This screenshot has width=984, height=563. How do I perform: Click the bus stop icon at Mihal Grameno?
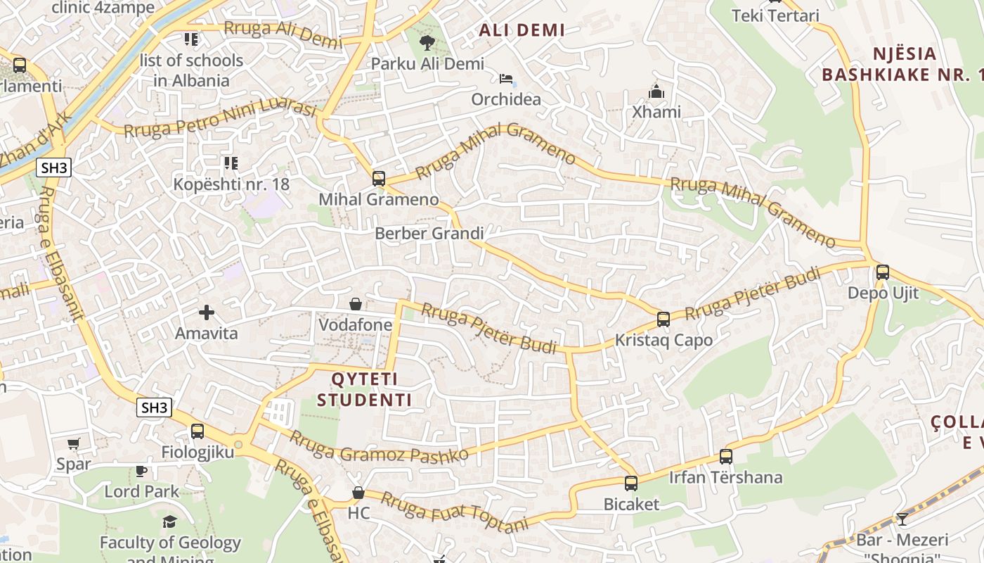pyautogui.click(x=379, y=179)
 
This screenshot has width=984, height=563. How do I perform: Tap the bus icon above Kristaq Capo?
pyautogui.click(x=663, y=320)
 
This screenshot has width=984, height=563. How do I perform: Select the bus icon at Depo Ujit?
pyautogui.click(x=883, y=272)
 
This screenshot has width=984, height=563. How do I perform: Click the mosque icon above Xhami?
pyautogui.click(x=656, y=91)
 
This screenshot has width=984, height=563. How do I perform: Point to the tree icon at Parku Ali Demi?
pyautogui.click(x=427, y=44)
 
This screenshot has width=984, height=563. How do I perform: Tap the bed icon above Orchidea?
pyautogui.click(x=506, y=79)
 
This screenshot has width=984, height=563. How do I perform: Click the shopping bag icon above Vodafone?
pyautogui.click(x=356, y=304)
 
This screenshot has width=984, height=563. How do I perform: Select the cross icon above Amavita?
pyautogui.click(x=207, y=312)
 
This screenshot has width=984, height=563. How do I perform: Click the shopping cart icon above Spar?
pyautogui.click(x=73, y=443)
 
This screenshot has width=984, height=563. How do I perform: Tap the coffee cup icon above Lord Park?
pyautogui.click(x=141, y=470)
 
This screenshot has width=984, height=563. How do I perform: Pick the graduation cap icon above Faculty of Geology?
pyautogui.click(x=169, y=521)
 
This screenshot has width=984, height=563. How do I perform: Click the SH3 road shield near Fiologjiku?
pyautogui.click(x=155, y=407)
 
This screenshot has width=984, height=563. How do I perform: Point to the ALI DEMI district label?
pyautogui.click(x=522, y=30)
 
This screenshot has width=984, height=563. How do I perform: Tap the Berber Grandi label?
pyautogui.click(x=429, y=233)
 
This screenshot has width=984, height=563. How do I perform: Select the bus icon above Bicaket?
pyautogui.click(x=631, y=483)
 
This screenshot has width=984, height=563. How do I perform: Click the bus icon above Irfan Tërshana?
pyautogui.click(x=726, y=457)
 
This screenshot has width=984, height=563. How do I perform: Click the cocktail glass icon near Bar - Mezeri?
pyautogui.click(x=902, y=519)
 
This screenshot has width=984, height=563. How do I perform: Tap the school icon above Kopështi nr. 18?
pyautogui.click(x=231, y=163)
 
